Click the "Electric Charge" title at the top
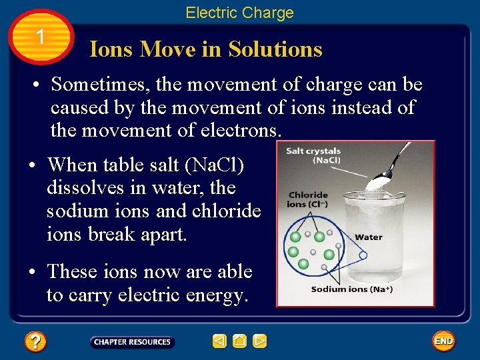[x=239, y=13]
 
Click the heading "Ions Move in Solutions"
[x=206, y=49]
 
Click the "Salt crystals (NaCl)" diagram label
[x=313, y=155]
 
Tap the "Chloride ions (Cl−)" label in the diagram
[x=307, y=199]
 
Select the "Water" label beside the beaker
[x=369, y=237]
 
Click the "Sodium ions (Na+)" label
[x=352, y=289]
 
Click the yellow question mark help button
[x=35, y=342]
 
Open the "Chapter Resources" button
[x=132, y=342]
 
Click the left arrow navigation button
[x=220, y=342]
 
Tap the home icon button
[x=240, y=342]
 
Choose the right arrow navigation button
[x=260, y=342]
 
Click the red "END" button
[x=443, y=341]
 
